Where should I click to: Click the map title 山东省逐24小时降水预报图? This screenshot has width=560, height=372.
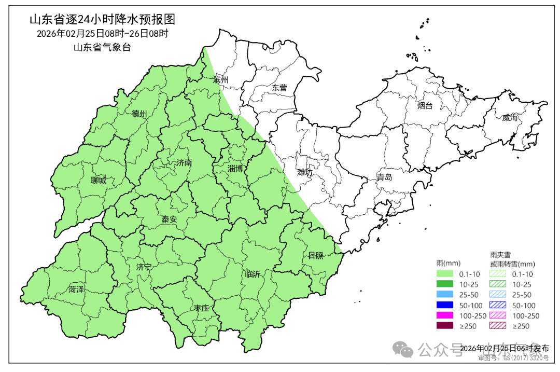(x=102, y=20)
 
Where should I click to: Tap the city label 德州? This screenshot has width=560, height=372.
(x=139, y=114)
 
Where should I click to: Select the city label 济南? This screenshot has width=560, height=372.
(x=184, y=162)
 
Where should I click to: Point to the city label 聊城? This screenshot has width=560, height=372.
(x=98, y=181)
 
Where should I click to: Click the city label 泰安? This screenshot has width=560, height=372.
(x=169, y=219)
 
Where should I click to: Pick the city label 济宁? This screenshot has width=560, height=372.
(x=144, y=267)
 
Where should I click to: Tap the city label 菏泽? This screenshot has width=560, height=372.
(x=76, y=290)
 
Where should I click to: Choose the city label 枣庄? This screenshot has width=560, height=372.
(x=201, y=308)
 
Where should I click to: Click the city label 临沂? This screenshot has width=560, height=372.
(x=253, y=274)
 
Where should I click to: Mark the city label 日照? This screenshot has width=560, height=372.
(x=315, y=255)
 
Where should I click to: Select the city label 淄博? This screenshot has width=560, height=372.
(x=235, y=169)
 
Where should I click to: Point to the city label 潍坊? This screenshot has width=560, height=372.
(x=305, y=172)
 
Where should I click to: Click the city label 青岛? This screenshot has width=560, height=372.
(x=384, y=177)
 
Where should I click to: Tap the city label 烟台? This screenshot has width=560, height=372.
(x=425, y=106)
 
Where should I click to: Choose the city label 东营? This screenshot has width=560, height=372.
(x=279, y=88)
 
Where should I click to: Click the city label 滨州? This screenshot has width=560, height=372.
(x=221, y=80)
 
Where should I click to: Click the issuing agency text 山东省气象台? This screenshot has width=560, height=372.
(x=102, y=47)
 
